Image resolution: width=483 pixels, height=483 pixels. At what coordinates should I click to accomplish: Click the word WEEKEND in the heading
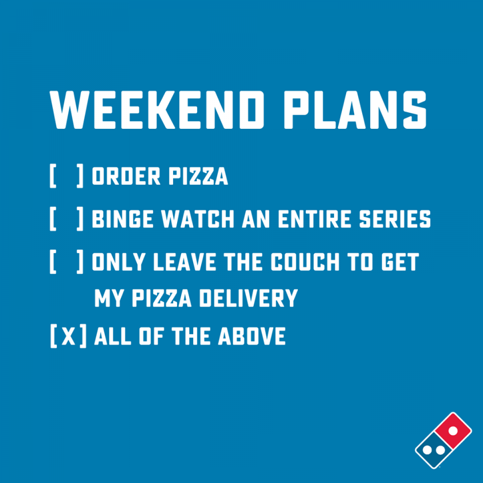coord(157,109)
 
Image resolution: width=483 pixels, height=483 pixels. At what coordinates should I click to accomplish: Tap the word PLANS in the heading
coord(355,109)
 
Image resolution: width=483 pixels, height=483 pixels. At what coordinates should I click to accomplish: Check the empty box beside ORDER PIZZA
coord(67,176)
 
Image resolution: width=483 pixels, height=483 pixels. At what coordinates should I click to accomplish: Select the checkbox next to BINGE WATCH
coord(67,219)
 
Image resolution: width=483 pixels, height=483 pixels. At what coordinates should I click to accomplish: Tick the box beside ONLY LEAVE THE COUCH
coord(67,262)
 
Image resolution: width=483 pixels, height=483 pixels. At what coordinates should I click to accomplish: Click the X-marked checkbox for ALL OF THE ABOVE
coord(68,336)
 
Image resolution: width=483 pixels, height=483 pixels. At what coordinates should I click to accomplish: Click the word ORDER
coord(126,176)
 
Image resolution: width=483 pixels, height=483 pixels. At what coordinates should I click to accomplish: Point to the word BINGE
coord(123,219)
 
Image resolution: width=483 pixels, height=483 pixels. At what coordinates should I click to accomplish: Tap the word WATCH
coord(198,219)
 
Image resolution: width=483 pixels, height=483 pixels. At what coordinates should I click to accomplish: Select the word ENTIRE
coord(315,219)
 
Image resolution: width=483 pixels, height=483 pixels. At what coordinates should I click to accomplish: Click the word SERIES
coord(395,219)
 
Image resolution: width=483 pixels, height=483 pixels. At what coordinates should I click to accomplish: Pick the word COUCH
coord(305,262)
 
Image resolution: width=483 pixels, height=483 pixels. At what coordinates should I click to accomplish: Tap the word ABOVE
coord(252,336)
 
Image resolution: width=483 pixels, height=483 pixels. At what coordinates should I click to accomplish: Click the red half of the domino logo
coord(453,431)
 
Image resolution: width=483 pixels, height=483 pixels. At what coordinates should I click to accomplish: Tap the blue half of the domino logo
coord(434,450)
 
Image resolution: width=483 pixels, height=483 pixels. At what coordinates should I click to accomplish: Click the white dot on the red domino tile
coord(453,431)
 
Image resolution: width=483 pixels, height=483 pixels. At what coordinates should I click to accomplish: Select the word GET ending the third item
coord(400,262)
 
